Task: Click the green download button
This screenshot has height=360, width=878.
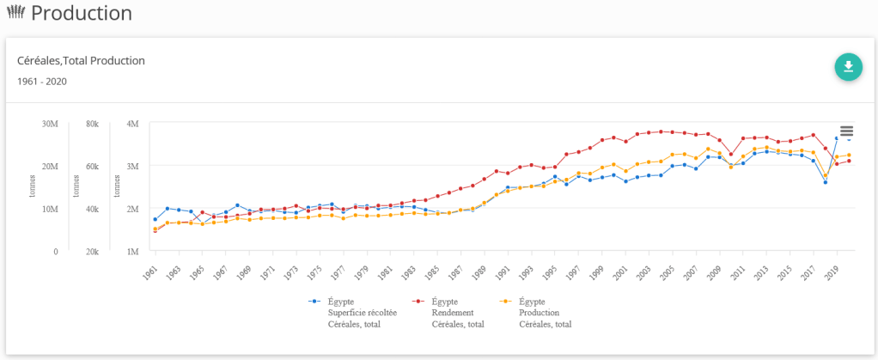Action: pos(848,67)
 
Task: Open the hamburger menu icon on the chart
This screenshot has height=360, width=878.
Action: pos(846,131)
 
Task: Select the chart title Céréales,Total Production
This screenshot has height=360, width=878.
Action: pos(81,60)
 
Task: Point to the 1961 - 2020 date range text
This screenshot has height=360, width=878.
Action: pos(42,82)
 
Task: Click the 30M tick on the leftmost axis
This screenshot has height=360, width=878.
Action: pos(50,124)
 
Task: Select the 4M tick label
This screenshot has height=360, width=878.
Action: pos(132,124)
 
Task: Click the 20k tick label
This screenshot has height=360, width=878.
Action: pos(91,252)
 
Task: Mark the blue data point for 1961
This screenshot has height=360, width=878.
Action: pos(155,219)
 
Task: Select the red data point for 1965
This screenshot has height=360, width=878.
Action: pos(203,212)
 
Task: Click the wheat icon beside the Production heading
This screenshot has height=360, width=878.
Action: pos(15,13)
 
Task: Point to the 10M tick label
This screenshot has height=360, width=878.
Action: pos(50,209)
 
